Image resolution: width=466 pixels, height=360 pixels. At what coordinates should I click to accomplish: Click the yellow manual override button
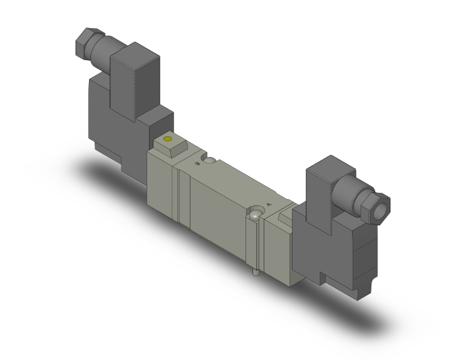tap(167, 138)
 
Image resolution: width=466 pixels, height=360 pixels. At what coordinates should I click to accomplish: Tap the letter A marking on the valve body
tap(269, 203)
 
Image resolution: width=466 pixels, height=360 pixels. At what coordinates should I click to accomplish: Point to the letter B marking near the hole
tap(198, 164)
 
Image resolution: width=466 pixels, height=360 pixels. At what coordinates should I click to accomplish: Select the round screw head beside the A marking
tap(255, 215)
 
